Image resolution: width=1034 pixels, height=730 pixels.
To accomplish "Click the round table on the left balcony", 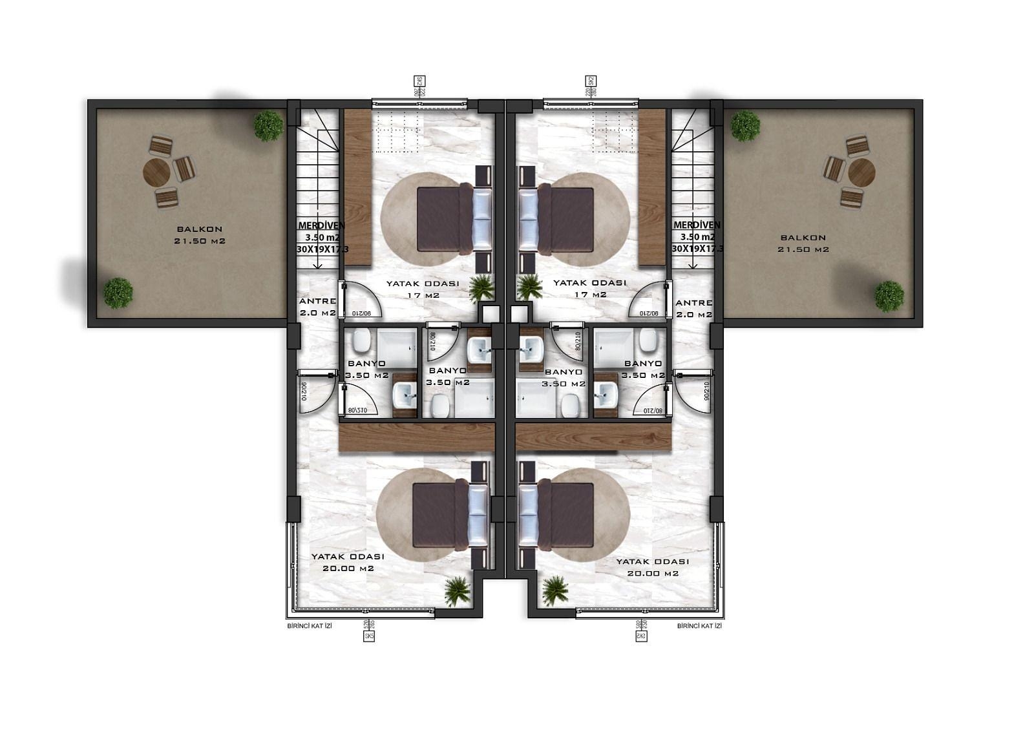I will coord(156,172).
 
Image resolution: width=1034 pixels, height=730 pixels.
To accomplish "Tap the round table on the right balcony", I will coord(861,172).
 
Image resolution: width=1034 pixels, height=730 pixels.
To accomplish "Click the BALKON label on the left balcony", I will coord(199,229).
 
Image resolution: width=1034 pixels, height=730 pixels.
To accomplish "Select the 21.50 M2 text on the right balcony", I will coord(803,249).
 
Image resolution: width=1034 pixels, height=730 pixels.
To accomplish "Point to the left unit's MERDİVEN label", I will coord(321,225).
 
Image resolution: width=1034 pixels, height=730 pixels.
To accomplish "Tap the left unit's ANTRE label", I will coord(317,301).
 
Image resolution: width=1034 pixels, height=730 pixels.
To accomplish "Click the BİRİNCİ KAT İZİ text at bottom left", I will coord(309,626).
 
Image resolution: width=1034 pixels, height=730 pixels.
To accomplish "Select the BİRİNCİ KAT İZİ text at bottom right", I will coord(699,626).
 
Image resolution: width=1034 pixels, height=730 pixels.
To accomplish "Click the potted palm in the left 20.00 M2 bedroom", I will coord(457,591).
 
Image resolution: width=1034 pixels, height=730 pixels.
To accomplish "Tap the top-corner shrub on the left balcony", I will coord(268,125).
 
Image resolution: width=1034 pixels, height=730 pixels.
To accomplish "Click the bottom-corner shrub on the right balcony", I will coord(889,296).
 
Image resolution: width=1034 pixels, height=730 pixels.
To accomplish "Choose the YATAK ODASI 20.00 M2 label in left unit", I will coord(348,562).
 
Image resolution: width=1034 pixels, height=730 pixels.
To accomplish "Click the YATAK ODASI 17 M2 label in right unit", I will coord(589,288).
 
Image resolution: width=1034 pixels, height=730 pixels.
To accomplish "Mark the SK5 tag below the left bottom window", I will coord(369,636).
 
